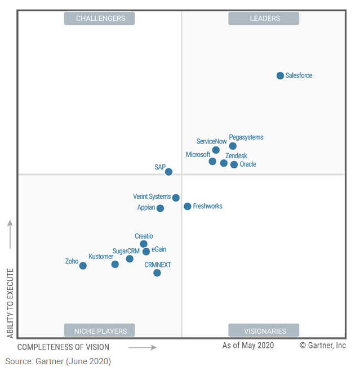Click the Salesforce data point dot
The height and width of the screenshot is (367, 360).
280,75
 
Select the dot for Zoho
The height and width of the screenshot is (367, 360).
83,266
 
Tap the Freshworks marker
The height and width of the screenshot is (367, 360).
188,207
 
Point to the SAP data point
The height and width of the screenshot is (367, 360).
168,172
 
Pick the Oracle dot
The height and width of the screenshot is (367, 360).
234,165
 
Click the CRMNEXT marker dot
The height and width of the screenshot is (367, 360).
157,273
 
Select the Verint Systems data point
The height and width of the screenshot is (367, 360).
176,198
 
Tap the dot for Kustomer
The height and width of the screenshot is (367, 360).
115,264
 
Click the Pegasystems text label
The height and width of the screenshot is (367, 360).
246,137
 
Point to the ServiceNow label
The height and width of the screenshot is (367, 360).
211,142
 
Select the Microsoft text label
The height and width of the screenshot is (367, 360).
198,154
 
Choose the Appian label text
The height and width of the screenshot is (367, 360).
146,208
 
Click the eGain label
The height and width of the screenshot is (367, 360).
159,249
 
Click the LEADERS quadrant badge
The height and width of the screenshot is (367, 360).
264,19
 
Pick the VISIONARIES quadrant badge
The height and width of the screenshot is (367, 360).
264,330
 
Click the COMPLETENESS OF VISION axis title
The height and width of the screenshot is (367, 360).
63,347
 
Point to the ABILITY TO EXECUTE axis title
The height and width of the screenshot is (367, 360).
10,303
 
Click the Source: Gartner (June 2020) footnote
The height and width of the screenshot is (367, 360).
58,361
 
